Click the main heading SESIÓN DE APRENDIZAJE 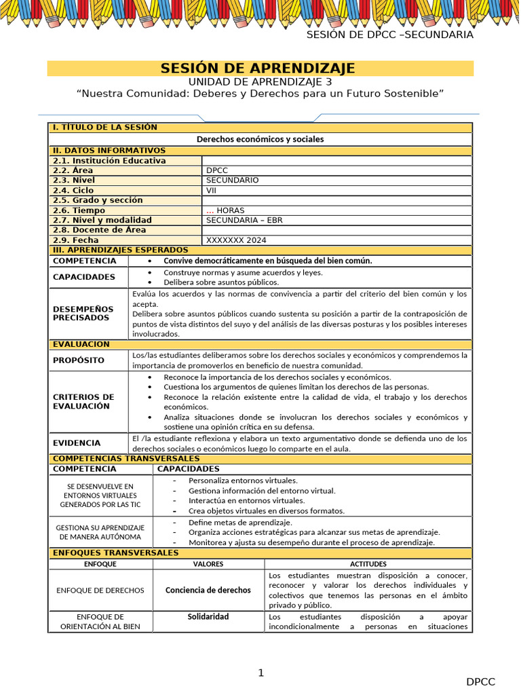pos(257,68)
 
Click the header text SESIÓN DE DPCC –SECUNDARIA pos(389,35)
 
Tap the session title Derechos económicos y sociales pos(260,139)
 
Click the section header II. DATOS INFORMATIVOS pos(109,151)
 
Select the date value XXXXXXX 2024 pos(236,240)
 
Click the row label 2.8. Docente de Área pos(95,230)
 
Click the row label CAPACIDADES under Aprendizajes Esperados pos(84,277)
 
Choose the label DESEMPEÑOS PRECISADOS pos(83,313)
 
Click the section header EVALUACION pos(81,345)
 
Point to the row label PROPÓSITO pos(79,360)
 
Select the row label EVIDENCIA pos(77,443)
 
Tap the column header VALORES pos(208,564)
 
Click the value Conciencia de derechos pos(208,590)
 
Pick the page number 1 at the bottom pos(260,673)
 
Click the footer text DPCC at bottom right pos(480,681)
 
